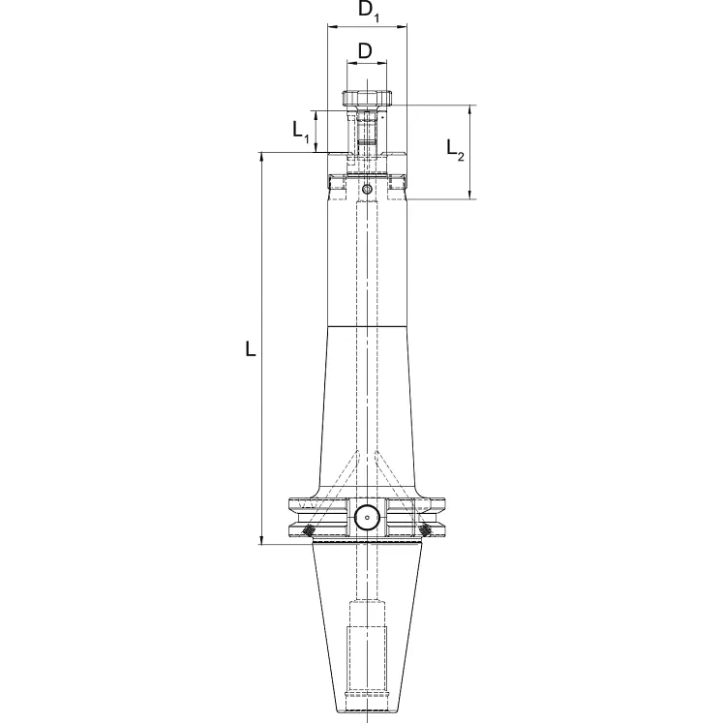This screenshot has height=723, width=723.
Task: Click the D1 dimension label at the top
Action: pyautogui.click(x=367, y=13)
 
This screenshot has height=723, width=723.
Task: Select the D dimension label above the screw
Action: pyautogui.click(x=366, y=49)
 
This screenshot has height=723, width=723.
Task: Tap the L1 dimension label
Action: pyautogui.click(x=302, y=131)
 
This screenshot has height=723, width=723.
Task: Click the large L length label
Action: pyautogui.click(x=251, y=348)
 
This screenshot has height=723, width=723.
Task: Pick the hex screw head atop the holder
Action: pyautogui.click(x=367, y=99)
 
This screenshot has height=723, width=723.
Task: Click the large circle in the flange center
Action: pyautogui.click(x=367, y=518)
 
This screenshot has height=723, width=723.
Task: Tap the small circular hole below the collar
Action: pyautogui.click(x=367, y=189)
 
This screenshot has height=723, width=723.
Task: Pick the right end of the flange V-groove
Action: pyautogui.click(x=446, y=516)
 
